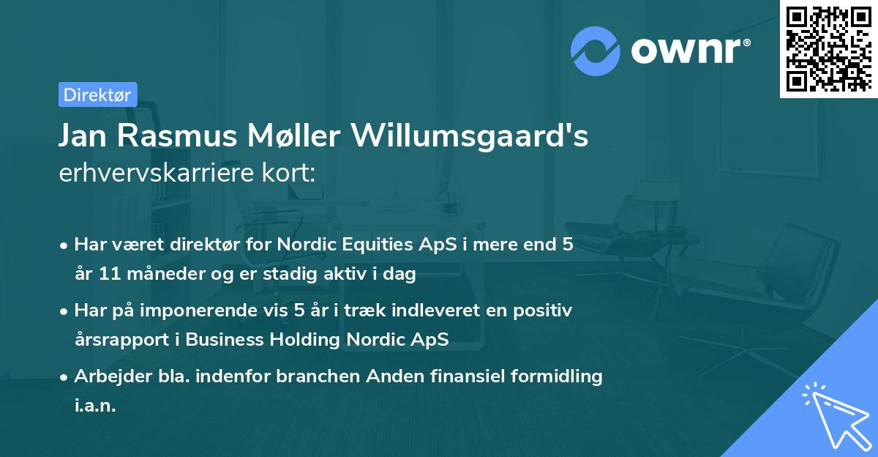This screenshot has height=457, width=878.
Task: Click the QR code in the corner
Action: click(828, 49)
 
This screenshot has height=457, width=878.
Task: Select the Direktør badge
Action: click(97, 94)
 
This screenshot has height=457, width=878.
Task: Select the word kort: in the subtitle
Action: click(289, 174)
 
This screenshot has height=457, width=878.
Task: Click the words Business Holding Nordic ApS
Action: click(317, 340)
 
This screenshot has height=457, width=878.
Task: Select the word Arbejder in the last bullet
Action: click(105, 376)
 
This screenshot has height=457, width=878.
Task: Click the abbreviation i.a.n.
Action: click(95, 405)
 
